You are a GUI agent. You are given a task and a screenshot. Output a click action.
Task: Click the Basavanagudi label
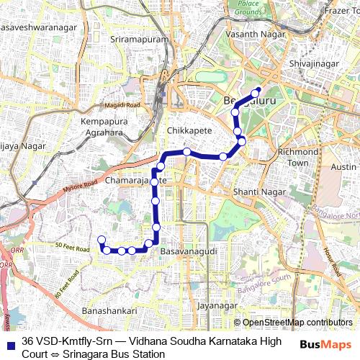(x=184, y=253)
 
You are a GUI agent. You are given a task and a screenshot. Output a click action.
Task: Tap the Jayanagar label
(x=217, y=305)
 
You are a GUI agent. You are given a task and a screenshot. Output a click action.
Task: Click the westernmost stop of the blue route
(x=102, y=240)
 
